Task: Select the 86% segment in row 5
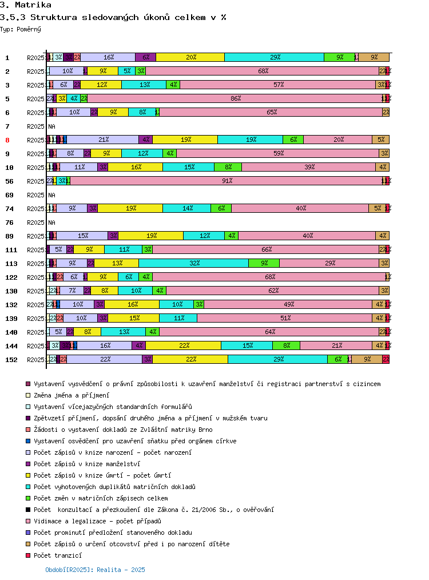click(x=235, y=99)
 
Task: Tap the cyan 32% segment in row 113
click(x=194, y=264)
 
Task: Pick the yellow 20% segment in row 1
click(x=190, y=58)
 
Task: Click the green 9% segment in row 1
click(x=339, y=58)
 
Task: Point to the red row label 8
click(x=7, y=140)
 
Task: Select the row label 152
click(x=11, y=360)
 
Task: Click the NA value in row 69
click(x=52, y=195)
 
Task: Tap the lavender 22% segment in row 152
click(x=105, y=360)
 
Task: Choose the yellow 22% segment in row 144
click(x=183, y=346)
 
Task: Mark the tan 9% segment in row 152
click(x=367, y=360)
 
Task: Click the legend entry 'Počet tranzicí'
click(x=58, y=555)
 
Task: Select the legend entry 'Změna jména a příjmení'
click(x=71, y=395)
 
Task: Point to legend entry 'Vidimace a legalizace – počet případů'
click(x=97, y=521)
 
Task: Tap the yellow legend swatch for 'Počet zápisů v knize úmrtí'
click(x=28, y=475)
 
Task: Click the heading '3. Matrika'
click(x=26, y=5)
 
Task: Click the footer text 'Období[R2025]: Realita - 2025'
click(x=95, y=570)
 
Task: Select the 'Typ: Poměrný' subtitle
click(x=21, y=29)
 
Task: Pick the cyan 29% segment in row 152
click(x=277, y=360)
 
